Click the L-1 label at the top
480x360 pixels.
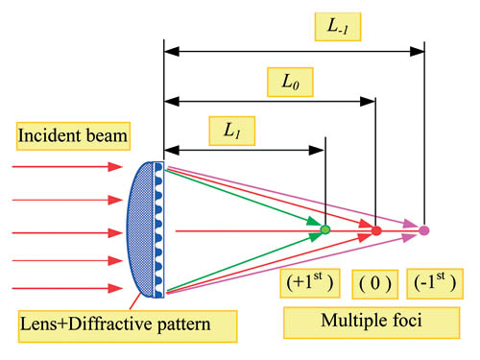tap(336, 26)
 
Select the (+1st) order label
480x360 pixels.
tap(310, 282)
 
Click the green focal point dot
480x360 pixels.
tap(324, 230)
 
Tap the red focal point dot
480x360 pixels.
tap(376, 230)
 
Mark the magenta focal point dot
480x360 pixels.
tap(424, 230)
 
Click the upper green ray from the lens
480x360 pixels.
tap(245, 199)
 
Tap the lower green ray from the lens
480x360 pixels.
tap(245, 262)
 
